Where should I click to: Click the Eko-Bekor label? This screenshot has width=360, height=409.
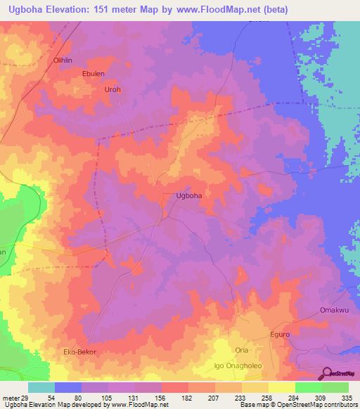pyautogui.click(x=79, y=351)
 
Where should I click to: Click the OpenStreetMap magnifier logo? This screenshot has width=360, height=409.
pyautogui.click(x=327, y=373)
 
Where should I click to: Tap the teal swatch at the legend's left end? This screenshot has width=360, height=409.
pyautogui.click(x=41, y=387)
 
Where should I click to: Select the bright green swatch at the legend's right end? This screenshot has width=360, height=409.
pyautogui.click(x=335, y=387)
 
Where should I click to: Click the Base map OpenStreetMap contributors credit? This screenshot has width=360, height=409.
pyautogui.click(x=297, y=405)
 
